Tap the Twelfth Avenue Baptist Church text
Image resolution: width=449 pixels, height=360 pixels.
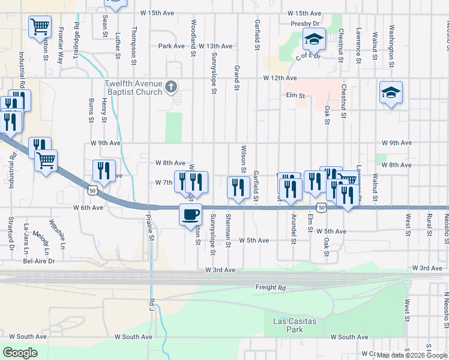coord(133,88)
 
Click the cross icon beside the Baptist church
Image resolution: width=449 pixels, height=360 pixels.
coord(171,88)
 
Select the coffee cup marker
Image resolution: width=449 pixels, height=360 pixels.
coord(191,214)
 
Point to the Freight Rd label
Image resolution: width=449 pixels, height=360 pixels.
coord(271,287)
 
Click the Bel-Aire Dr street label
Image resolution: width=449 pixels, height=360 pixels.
coord(38,261)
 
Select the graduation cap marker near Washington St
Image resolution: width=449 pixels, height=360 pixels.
coord(391,93)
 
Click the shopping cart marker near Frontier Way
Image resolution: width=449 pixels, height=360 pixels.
coord(40,26)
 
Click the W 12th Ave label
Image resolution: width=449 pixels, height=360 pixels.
coord(280,78)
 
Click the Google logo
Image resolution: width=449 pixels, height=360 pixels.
coord(20,353)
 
